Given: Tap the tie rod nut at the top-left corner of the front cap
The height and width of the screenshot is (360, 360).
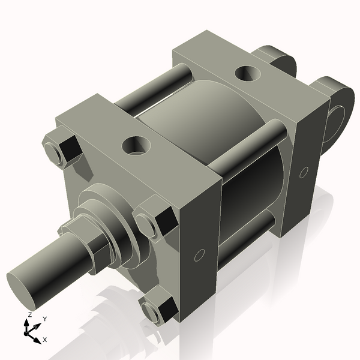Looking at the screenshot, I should coord(61,150).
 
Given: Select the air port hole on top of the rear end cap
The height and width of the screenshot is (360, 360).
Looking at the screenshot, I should coord(247,73).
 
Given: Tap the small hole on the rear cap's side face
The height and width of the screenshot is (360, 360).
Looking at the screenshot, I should coord(304,172).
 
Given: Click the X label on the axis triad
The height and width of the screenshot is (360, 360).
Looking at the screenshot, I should coord(45,340).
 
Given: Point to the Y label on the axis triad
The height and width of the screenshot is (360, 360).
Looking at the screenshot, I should coord(45,319).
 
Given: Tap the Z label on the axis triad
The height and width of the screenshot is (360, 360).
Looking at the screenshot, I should coord(30,314).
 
